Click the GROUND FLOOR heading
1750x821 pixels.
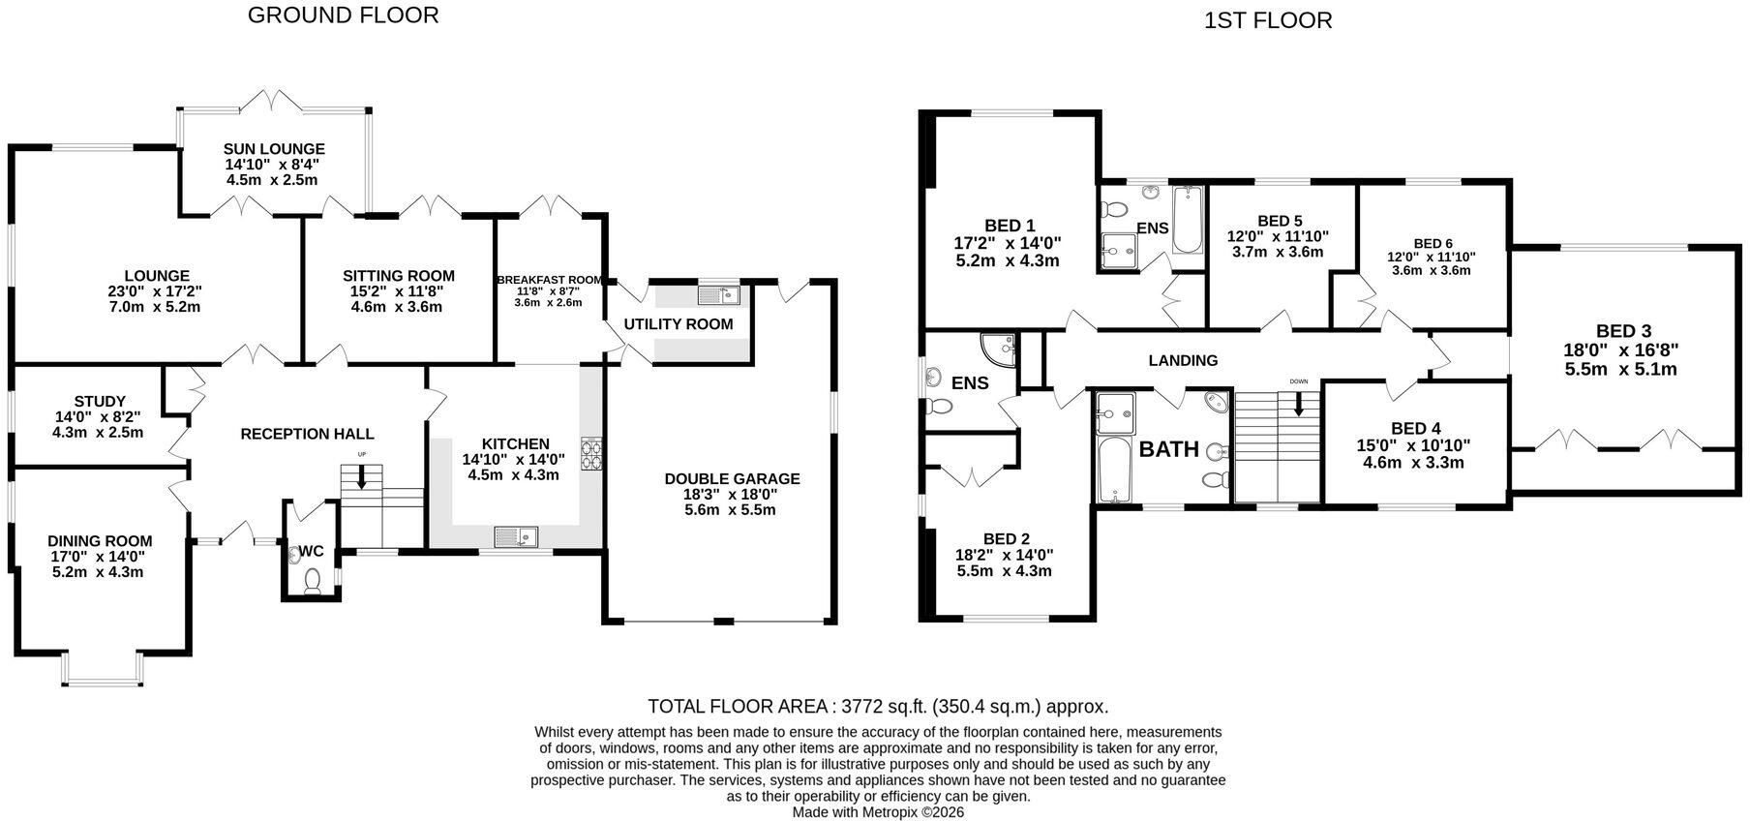(343, 15)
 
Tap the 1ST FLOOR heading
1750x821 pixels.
(1268, 20)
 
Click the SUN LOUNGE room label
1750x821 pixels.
(274, 149)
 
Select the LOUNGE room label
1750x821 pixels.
(157, 276)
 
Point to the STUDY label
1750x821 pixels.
(100, 401)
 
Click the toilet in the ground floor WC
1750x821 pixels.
(312, 579)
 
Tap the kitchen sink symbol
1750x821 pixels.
(515, 535)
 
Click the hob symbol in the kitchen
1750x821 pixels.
(590, 453)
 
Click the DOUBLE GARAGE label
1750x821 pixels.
(732, 478)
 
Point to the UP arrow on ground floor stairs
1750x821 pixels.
(362, 475)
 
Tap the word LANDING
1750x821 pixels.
(1183, 361)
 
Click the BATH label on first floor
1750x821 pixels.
(1169, 449)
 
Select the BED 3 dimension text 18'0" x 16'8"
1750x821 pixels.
(1621, 350)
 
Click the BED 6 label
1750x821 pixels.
(1433, 244)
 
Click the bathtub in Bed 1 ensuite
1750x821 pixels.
(1187, 220)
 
